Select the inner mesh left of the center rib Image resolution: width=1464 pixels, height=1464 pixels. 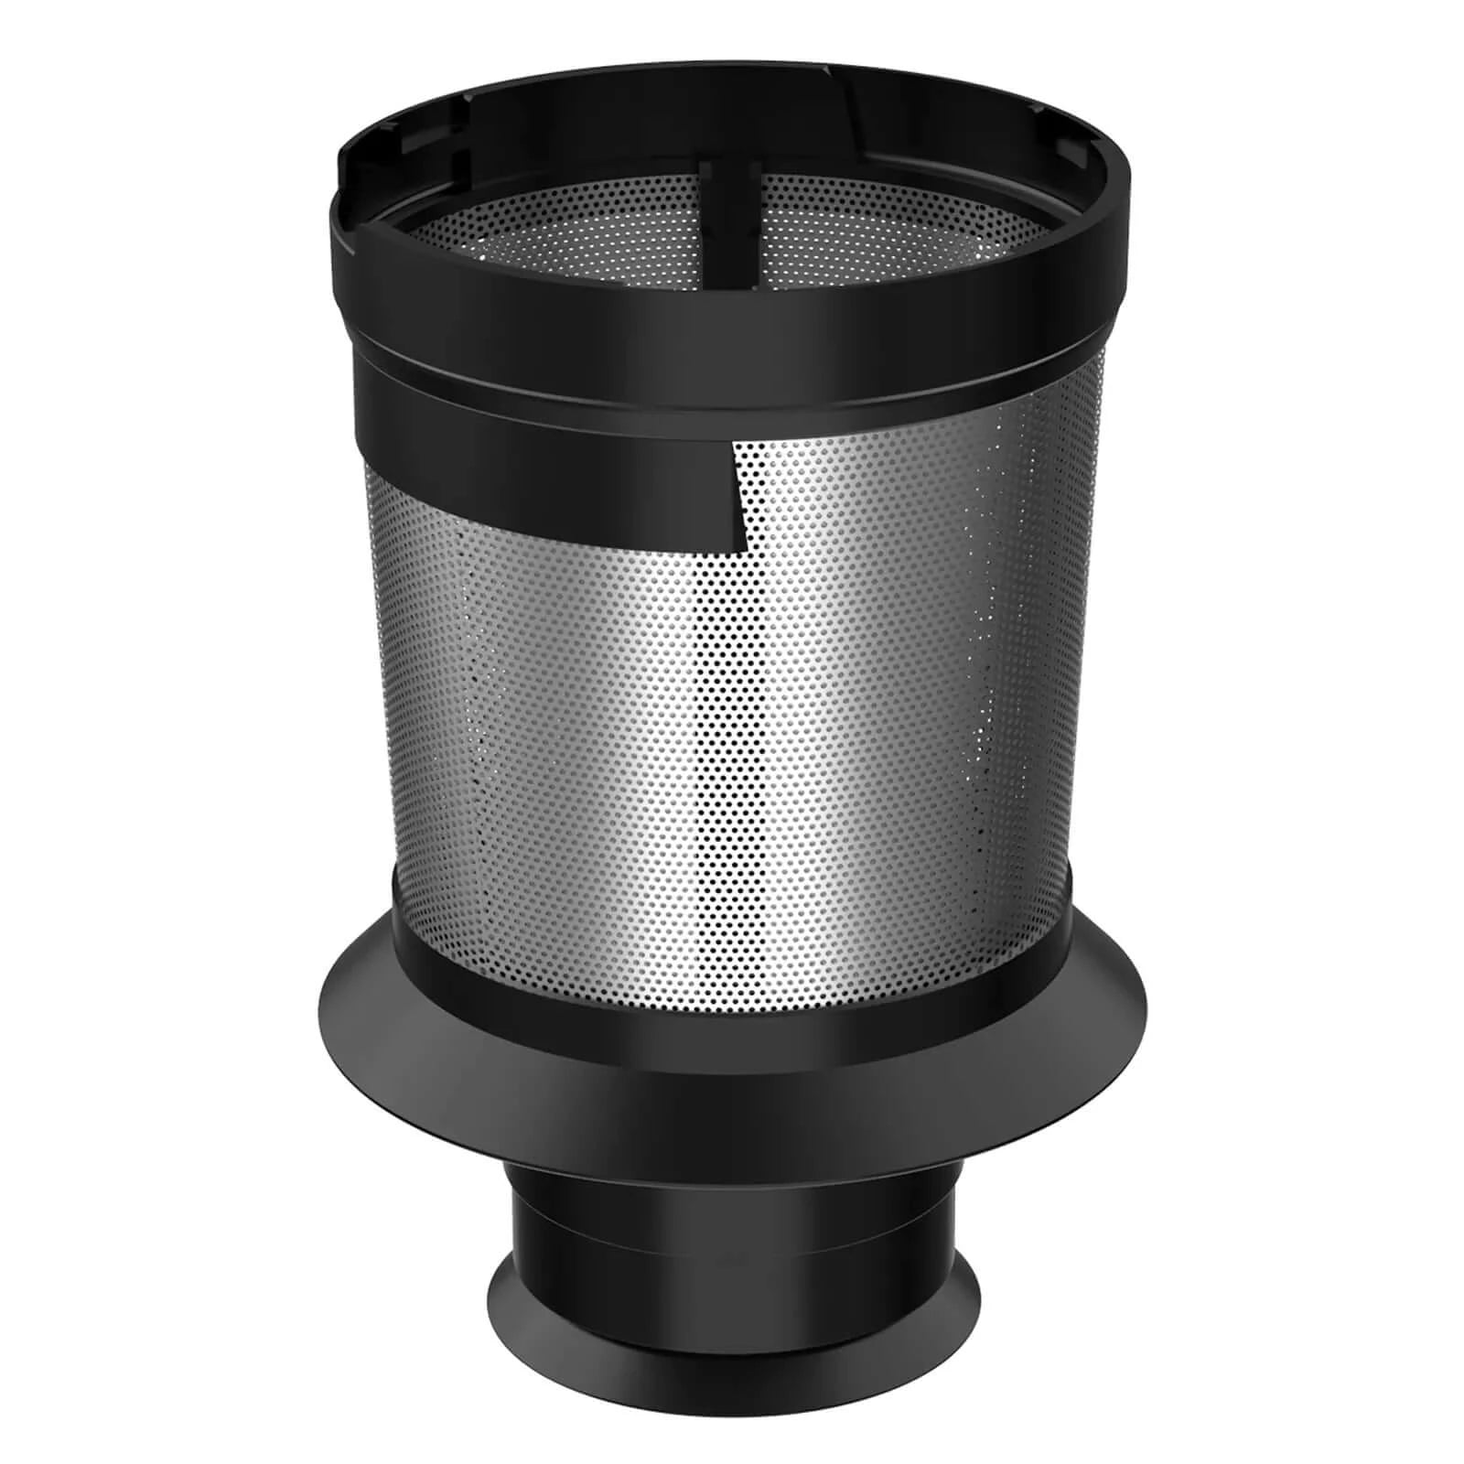(x=567, y=229)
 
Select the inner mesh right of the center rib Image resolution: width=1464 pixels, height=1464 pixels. (x=878, y=229)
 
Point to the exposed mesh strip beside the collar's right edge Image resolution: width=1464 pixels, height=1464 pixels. (x=1089, y=457)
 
